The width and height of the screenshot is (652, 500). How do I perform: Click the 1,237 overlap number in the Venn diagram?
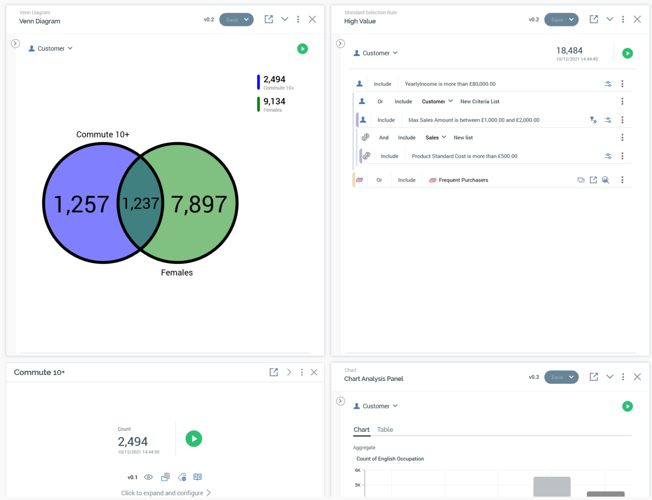point(140,203)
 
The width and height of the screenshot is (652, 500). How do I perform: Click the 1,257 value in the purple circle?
point(81,204)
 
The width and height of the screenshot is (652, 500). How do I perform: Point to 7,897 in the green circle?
point(199,204)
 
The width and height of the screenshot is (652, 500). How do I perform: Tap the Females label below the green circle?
point(177,273)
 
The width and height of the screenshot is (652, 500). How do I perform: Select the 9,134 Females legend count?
point(274,102)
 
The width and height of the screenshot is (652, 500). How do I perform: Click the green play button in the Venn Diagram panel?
point(302,49)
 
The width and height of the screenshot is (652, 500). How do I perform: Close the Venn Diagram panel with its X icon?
point(312,19)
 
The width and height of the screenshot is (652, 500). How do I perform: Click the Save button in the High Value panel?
point(557,20)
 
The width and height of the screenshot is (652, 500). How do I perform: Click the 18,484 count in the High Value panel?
point(569,51)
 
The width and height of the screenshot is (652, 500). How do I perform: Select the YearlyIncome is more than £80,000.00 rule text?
point(450,84)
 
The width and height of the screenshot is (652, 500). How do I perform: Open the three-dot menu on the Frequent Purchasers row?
point(622,180)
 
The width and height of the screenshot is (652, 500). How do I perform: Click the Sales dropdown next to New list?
point(435,138)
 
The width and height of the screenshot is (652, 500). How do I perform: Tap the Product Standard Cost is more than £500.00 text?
point(464,156)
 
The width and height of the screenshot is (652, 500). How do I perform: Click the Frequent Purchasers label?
point(463,180)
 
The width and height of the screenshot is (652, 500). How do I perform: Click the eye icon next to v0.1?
point(148,477)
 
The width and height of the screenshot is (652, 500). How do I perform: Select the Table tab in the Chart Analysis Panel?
point(385,430)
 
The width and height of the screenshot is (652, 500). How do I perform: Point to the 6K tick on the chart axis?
point(358,470)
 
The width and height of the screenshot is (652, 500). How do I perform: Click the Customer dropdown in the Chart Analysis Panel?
point(376,406)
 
